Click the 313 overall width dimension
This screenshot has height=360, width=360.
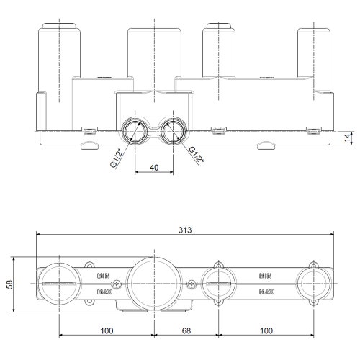[185, 230]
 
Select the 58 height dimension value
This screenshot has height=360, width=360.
[9, 284]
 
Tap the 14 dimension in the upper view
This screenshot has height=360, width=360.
[347, 138]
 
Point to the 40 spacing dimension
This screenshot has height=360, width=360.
[154, 168]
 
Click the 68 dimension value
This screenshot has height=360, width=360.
[186, 330]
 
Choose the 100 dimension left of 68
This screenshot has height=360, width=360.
[107, 330]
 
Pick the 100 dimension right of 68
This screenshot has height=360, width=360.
[266, 330]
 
